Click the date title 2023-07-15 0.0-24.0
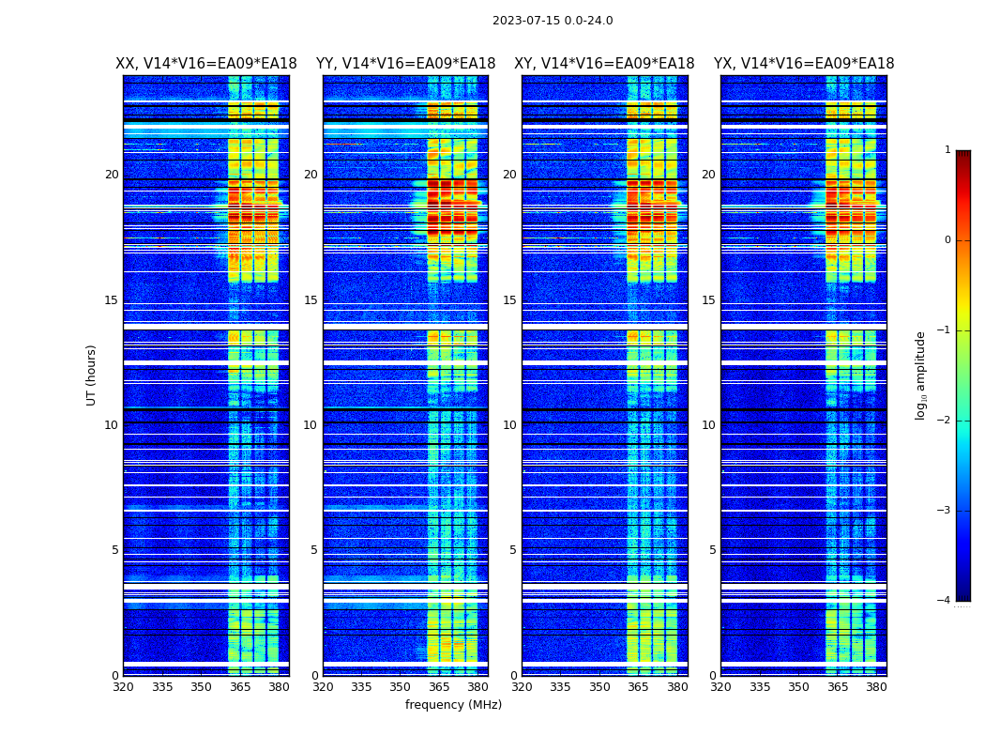553,21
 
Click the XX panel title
206,64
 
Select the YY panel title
405,64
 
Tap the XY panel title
604,64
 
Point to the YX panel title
804,64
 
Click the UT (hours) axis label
91,375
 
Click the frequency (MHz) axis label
453,705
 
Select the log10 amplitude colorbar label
921,375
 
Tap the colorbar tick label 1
947,150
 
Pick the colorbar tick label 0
947,240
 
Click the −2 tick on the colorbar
945,421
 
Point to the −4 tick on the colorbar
945,601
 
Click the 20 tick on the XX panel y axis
112,175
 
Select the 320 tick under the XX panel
123,687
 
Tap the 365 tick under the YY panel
439,687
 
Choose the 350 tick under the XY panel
599,687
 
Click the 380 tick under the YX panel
876,687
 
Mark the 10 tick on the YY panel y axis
311,425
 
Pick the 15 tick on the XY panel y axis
509,300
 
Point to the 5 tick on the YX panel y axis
712,550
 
